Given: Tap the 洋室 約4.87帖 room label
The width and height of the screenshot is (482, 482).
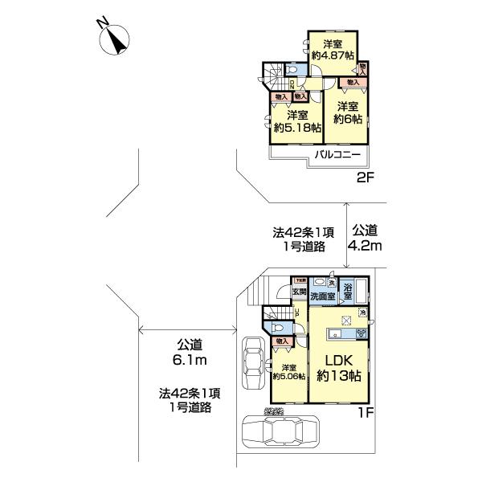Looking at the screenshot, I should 333,49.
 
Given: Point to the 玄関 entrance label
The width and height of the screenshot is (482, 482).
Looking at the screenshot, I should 299,291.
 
